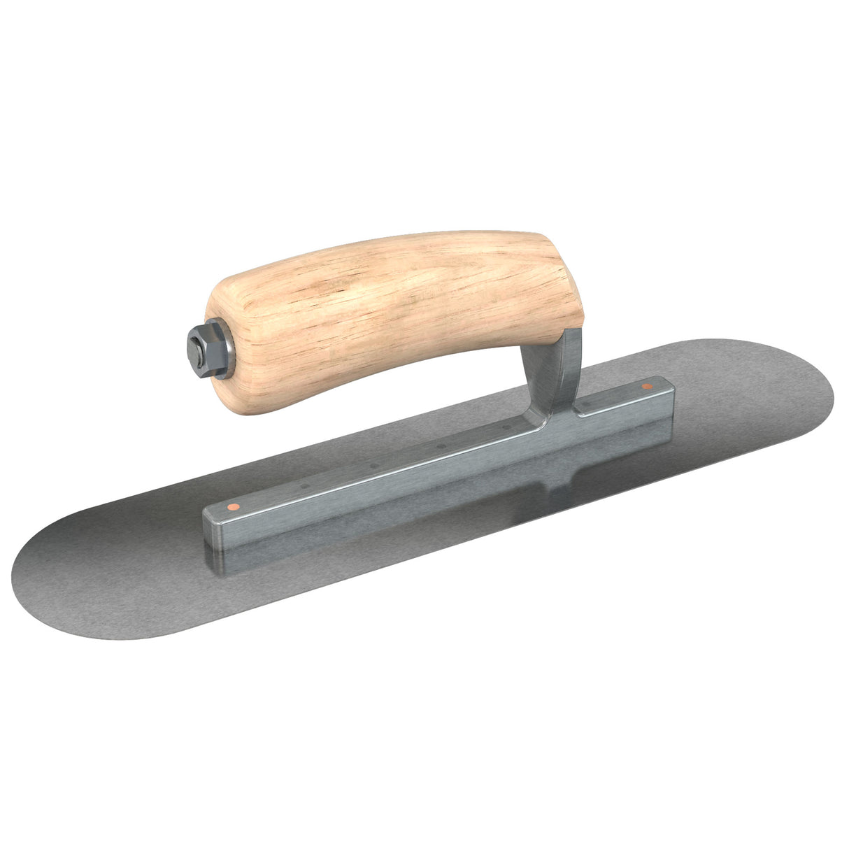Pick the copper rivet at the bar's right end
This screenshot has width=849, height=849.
coord(647,385)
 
